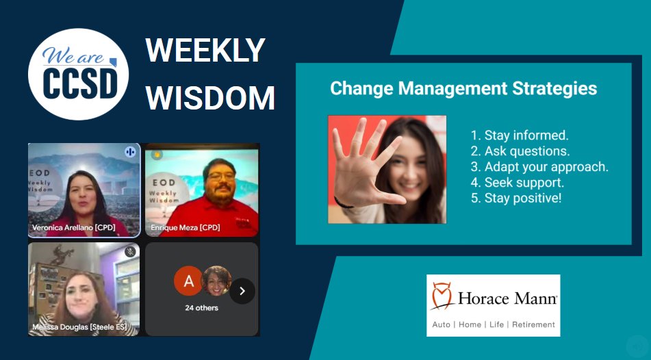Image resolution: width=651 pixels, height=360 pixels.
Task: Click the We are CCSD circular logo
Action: [78, 74]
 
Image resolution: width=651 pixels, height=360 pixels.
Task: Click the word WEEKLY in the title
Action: [205, 51]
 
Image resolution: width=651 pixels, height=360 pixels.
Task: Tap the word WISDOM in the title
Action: [210, 99]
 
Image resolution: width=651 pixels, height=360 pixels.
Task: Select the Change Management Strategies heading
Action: [463, 88]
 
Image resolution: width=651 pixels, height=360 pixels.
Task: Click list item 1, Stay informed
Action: [520, 136]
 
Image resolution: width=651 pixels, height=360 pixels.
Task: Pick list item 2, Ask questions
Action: [520, 151]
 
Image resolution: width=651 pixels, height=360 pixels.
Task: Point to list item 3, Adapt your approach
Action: [539, 167]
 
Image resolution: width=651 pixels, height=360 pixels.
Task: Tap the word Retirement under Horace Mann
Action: [533, 324]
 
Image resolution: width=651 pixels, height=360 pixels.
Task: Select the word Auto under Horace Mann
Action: [442, 324]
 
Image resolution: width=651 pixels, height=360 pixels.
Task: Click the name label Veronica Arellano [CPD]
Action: [75, 227]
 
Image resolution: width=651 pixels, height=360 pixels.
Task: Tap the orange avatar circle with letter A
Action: [188, 281]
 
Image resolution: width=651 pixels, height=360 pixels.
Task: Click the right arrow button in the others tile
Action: [242, 291]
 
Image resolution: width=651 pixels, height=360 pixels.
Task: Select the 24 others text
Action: [202, 308]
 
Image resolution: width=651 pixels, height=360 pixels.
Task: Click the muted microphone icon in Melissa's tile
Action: [130, 252]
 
